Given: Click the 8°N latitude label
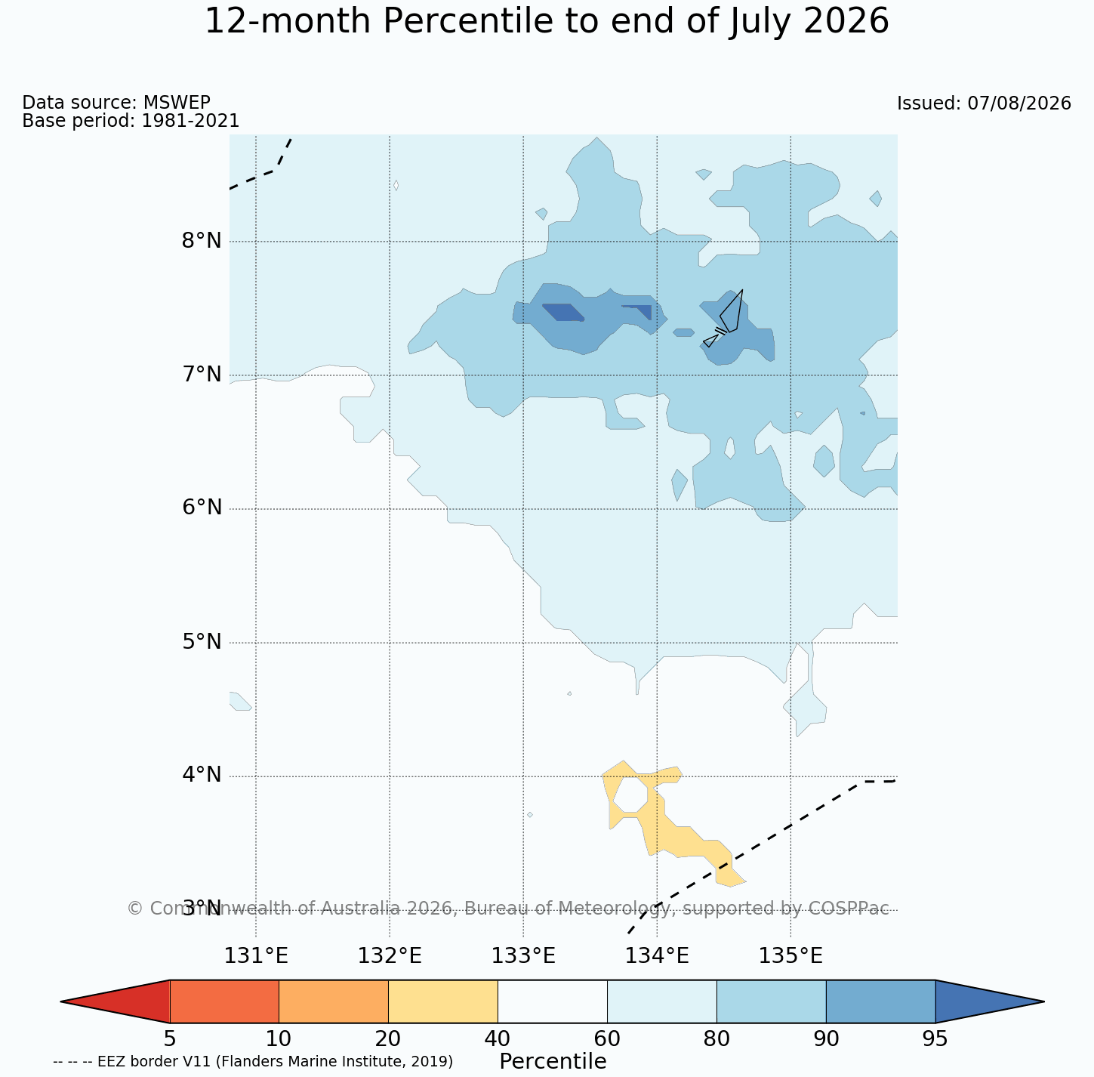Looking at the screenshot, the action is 202,241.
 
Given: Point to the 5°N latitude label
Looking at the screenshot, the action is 202,641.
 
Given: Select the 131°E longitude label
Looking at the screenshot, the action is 256,956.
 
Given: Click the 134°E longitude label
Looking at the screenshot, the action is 657,956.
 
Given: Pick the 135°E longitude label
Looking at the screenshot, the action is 790,956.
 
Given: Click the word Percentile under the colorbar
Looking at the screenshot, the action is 553,1061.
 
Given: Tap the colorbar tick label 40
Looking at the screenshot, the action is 498,1038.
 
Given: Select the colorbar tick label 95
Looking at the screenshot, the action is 935,1038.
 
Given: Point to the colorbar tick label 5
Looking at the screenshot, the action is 170,1038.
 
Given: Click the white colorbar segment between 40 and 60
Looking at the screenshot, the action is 553,1001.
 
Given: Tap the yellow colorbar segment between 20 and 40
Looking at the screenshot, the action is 443,1001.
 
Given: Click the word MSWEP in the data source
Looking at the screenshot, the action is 177,102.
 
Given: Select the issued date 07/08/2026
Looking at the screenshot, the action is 1019,103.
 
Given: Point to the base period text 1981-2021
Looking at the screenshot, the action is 190,120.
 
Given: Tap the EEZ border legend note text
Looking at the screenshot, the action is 253,1062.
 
